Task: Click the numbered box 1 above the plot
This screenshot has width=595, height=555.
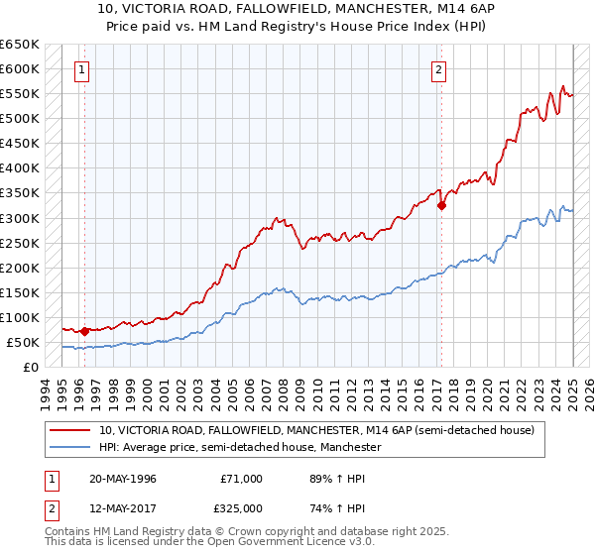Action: [80, 69]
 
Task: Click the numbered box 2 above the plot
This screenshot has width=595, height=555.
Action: [438, 69]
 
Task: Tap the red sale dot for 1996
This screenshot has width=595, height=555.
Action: [84, 331]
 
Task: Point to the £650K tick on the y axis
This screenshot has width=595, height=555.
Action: [19, 45]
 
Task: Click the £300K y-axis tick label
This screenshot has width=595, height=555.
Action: [19, 218]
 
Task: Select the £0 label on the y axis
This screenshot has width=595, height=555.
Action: [31, 367]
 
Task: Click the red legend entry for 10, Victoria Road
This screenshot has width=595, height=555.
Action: [316, 431]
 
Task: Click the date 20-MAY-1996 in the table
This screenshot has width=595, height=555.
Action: [124, 479]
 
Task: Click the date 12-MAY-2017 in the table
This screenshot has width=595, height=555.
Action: [124, 508]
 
